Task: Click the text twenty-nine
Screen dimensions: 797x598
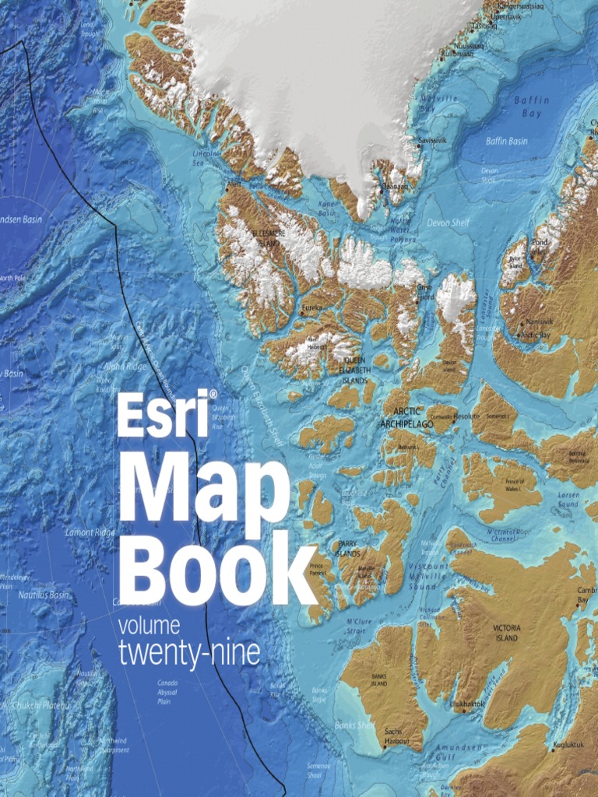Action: pyautogui.click(x=188, y=654)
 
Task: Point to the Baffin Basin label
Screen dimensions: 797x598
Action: pyautogui.click(x=507, y=141)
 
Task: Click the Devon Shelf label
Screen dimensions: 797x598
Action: pyautogui.click(x=448, y=223)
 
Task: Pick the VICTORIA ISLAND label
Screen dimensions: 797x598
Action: pyautogui.click(x=506, y=632)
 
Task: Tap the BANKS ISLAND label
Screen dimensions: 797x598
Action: pyautogui.click(x=379, y=687)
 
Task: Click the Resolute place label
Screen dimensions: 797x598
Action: pyautogui.click(x=466, y=417)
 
